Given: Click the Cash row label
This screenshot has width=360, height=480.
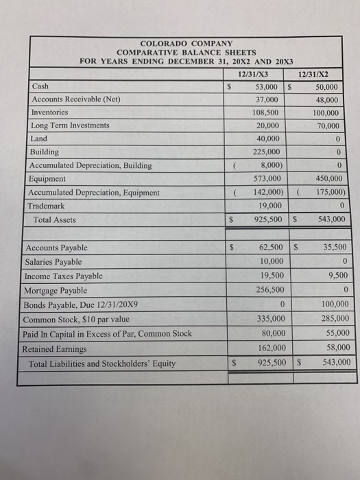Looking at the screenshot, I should pos(40,87).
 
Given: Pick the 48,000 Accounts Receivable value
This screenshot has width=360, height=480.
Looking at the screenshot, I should pos(325,100).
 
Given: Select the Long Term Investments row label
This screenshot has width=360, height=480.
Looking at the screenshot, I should pos(71,125).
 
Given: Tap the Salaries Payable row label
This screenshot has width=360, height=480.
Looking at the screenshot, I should pos(53,261).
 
